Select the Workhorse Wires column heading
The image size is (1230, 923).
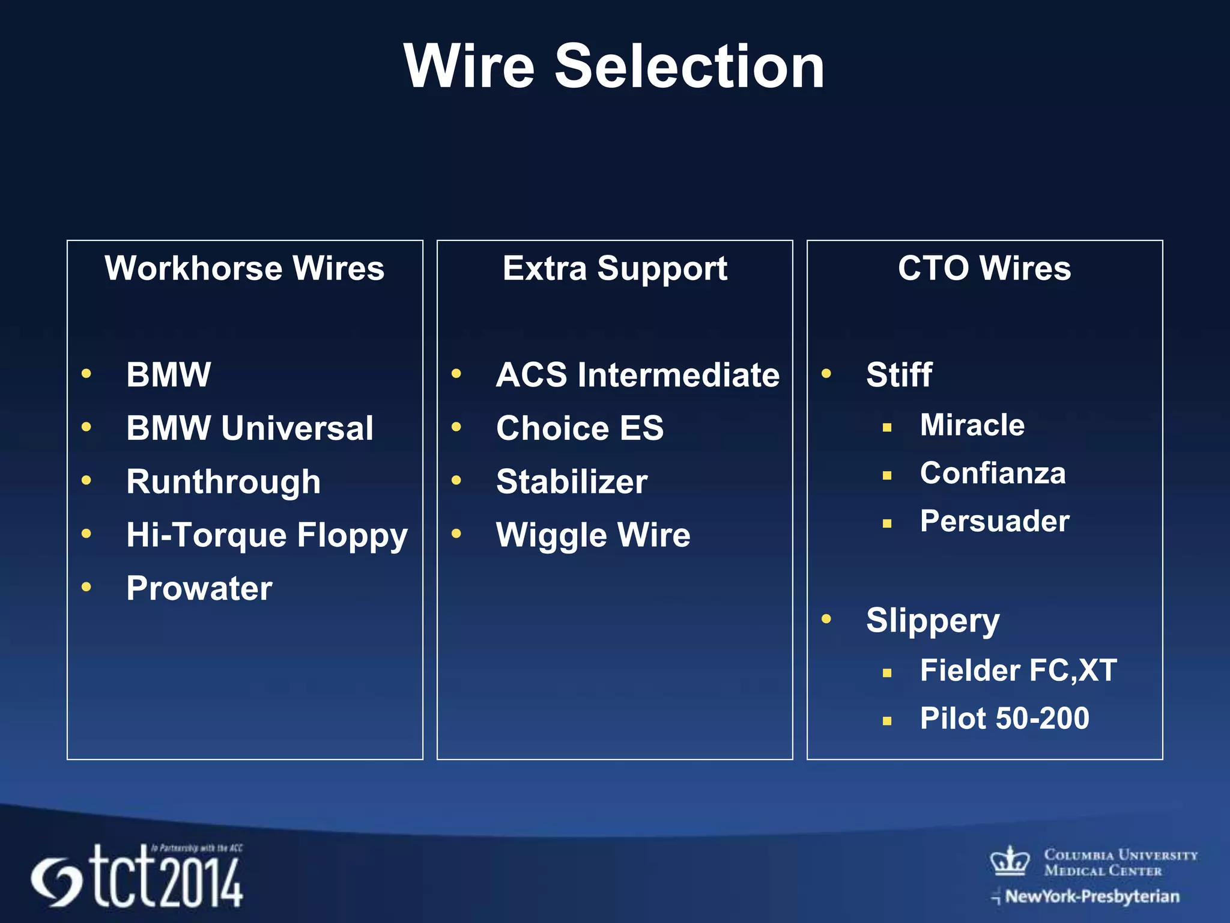point(244,268)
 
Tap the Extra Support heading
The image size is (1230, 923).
point(614,268)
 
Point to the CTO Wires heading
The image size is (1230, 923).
point(984,268)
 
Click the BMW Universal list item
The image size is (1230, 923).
point(249,428)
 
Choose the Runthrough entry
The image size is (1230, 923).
point(223,482)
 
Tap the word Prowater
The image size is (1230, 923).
point(199,588)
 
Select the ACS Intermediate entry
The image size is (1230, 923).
point(637,375)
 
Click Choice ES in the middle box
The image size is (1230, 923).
point(580,428)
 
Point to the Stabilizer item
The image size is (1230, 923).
point(572,482)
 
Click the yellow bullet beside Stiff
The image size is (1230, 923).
point(826,374)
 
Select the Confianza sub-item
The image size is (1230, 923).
point(993,473)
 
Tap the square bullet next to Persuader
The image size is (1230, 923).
point(887,523)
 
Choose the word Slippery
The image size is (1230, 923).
point(933,621)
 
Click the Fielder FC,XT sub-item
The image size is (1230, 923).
point(1018,671)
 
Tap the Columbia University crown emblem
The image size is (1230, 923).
point(1010,861)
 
